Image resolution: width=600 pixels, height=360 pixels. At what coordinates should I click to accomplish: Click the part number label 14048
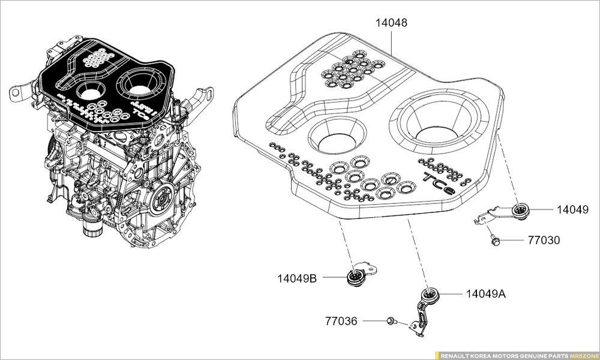coord(391,23)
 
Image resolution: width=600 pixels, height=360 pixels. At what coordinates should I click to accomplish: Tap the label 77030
coord(544,241)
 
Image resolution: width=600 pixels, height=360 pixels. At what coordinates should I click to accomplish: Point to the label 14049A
coord(486,294)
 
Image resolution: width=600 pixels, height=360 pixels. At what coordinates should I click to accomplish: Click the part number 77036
coord(341,321)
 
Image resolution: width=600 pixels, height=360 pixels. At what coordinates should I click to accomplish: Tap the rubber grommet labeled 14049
coord(520,211)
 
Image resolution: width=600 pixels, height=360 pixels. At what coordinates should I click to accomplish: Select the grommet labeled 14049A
coord(430,294)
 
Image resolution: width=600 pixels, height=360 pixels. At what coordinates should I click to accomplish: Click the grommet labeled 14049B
coord(356,278)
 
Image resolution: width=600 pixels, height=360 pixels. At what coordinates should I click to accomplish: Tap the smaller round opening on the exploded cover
coord(336,136)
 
